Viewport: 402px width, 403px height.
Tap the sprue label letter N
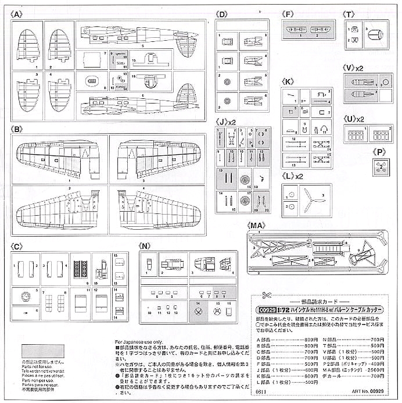(x=145, y=247)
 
